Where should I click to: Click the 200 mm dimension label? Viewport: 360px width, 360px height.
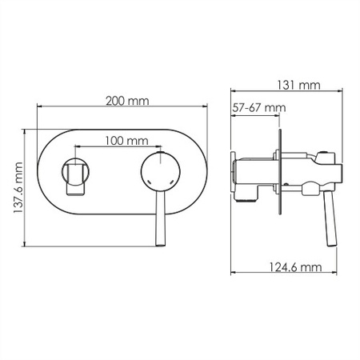[x=127, y=101]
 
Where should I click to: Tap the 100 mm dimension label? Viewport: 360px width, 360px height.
[x=126, y=141]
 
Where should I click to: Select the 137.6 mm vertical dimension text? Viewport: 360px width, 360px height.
[x=18, y=187]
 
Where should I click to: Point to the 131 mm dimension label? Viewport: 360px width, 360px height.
[x=298, y=86]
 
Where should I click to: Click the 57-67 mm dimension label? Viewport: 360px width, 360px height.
[x=259, y=108]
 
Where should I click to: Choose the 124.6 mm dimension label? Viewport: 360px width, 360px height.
[x=295, y=267]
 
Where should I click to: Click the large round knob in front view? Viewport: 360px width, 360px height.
[x=160, y=172]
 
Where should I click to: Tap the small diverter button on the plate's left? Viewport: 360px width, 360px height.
[x=75, y=177]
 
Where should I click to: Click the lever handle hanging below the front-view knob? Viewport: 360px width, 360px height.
[x=161, y=218]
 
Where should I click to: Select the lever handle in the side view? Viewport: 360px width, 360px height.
[x=330, y=218]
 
